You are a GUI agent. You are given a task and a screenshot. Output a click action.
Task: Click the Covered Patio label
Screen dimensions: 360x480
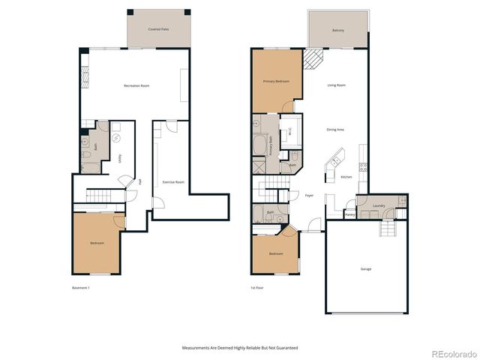coord(157,29)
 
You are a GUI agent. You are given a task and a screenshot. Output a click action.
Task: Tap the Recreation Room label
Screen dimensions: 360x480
coord(136,86)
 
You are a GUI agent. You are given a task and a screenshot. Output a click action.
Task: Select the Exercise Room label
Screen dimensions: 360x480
coord(173,182)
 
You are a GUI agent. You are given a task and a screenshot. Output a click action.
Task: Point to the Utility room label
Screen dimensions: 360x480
coord(120,158)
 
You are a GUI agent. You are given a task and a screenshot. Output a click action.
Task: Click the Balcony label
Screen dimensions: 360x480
coord(338,30)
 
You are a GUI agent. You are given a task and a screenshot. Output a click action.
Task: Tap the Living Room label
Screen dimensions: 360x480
coord(336,85)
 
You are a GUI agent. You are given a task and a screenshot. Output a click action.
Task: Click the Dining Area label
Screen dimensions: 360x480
coord(334,130)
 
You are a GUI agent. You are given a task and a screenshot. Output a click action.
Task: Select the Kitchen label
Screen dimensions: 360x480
coord(346,177)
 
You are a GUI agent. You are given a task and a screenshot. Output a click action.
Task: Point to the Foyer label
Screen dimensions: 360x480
coord(308,195)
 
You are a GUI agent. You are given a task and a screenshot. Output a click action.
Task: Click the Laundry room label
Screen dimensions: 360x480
coord(378,205)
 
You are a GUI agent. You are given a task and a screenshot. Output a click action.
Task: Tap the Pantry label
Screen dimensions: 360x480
coord(349,214)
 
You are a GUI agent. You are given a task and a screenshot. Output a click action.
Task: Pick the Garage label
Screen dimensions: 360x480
coord(365,268)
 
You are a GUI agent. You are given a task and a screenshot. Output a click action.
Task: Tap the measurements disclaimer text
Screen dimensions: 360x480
coord(240,348)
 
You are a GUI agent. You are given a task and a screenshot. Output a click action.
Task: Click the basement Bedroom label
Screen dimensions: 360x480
coord(97,243)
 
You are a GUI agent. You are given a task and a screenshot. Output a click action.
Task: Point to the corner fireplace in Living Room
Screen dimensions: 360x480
coord(313,58)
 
